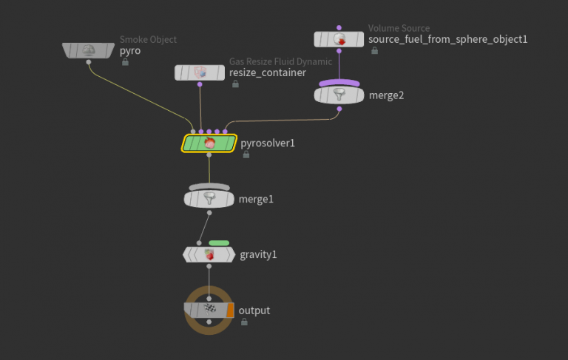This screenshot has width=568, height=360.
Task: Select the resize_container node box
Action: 200,72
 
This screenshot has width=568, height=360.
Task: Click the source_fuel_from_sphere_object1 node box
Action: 339,39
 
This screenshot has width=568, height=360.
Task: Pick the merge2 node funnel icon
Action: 339,95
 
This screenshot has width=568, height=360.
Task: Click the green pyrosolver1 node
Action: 209,143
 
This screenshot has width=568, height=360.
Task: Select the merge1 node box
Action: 209,199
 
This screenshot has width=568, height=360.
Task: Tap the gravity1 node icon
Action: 209,254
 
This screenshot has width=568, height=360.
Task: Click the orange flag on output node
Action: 230,310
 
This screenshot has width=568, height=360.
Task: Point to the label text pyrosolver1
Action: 268,143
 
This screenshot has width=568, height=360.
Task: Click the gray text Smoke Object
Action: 148,39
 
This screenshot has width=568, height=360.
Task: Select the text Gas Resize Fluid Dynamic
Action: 280,61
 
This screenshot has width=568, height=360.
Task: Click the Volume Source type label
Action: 399,28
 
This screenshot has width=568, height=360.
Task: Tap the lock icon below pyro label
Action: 125,63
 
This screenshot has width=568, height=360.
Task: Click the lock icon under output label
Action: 244,322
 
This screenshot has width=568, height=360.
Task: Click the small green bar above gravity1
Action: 219,242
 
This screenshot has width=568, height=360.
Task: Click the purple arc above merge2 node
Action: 339,83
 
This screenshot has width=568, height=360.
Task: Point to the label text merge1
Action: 256,199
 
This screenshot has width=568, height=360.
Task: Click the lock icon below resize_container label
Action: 235,84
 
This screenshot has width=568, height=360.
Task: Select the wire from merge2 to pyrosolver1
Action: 281,120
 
